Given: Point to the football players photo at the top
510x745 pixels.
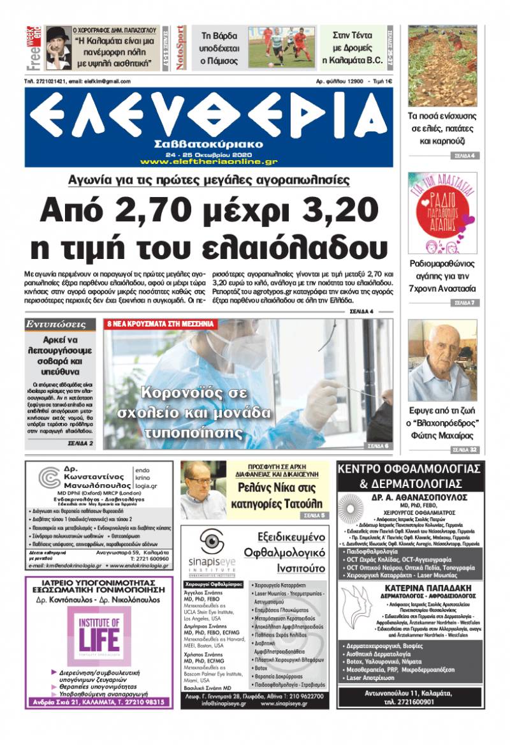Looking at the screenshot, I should coord(282,47).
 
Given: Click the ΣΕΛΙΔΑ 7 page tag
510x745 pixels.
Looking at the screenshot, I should coord(463,302).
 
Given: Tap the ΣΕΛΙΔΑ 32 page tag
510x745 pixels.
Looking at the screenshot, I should coord(463,450).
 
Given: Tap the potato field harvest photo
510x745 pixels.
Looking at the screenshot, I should coord(442,66).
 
